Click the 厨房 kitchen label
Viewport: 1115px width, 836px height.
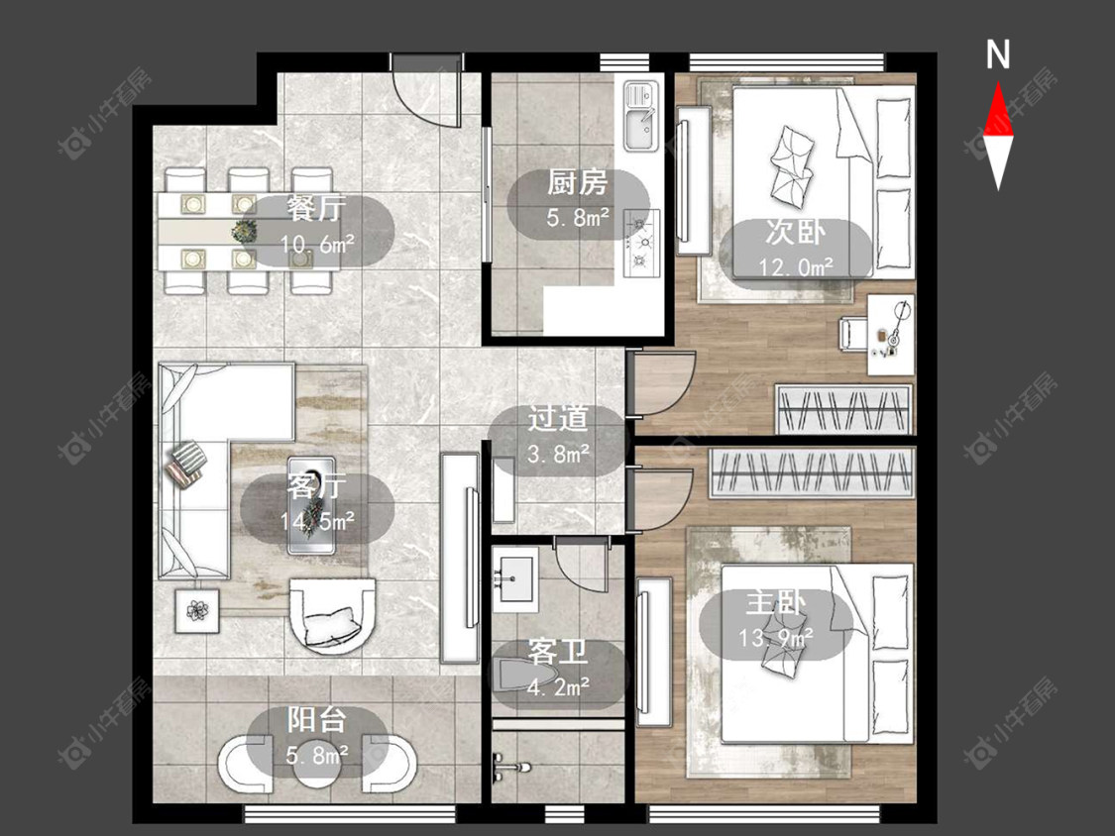coord(578,182)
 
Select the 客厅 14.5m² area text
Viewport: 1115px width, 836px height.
coord(317,522)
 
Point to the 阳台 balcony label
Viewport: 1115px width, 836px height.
coord(317,720)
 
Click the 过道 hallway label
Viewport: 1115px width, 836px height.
coord(558,419)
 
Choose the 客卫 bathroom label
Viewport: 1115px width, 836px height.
coord(558,652)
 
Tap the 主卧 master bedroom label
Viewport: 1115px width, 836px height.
coord(776,603)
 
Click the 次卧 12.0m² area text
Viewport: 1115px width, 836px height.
coord(796,267)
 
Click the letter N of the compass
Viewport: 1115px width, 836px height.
coord(998,54)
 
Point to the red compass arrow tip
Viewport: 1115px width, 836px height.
coord(998,82)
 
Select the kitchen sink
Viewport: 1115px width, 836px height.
coord(641,116)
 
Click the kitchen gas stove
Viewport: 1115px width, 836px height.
coord(641,243)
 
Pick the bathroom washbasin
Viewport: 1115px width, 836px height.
coord(514,578)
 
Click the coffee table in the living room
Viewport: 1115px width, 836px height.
coord(311,505)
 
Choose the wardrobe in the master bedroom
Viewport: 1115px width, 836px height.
coord(812,472)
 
